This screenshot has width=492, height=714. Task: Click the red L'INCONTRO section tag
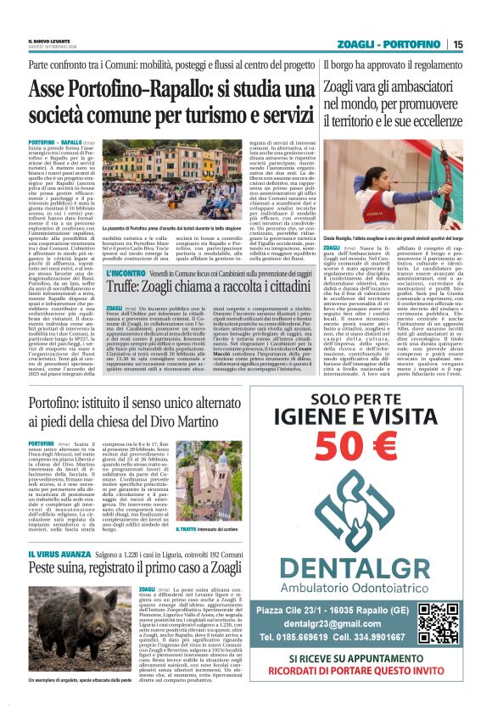point(126,274)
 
